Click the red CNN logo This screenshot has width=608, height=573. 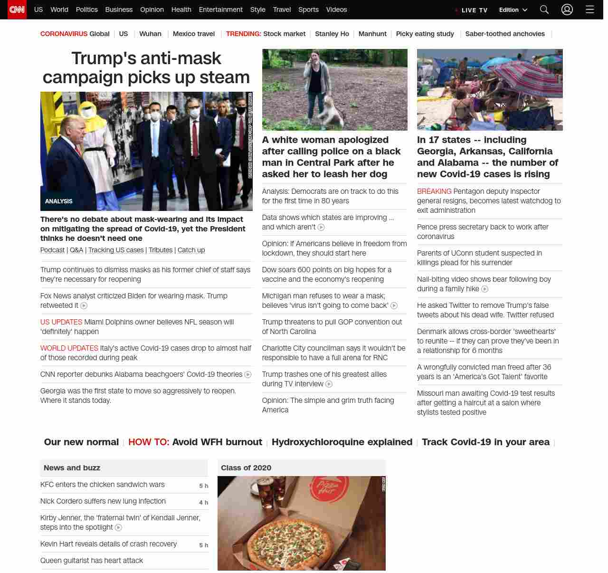[17, 10]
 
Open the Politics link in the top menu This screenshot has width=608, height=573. [86, 10]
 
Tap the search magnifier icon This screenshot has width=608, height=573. [544, 10]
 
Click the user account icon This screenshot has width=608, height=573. [567, 10]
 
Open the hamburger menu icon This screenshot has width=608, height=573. [589, 10]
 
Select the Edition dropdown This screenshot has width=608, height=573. [513, 10]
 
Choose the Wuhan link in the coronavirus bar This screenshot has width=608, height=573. [150, 34]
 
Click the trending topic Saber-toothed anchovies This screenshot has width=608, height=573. [505, 34]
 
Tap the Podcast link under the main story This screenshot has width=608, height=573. [52, 250]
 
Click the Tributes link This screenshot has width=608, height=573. [161, 250]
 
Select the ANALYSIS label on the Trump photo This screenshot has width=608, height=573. [59, 201]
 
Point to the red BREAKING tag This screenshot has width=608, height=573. [434, 191]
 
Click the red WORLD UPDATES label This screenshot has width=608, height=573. [69, 348]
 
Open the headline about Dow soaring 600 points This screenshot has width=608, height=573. [327, 275]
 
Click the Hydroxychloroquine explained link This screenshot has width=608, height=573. [342, 442]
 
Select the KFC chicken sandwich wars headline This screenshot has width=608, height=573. [103, 485]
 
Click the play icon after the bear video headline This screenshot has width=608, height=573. [485, 289]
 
